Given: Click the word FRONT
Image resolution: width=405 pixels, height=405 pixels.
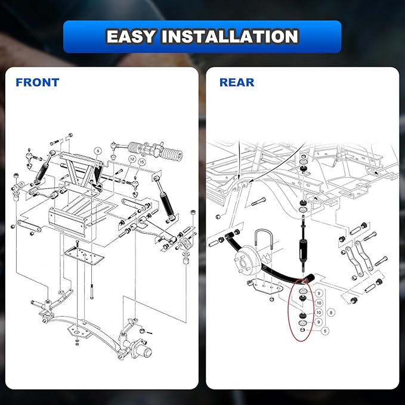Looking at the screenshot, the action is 38,82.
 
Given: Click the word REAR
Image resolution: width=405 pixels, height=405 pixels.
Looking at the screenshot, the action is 237,82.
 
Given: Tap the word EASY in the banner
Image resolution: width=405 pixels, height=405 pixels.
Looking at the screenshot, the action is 131,36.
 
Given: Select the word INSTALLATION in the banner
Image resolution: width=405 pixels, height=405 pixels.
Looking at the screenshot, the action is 230,36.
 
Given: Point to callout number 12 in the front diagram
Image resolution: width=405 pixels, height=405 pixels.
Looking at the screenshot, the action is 132,159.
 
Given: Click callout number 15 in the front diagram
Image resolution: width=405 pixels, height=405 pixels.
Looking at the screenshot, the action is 142,162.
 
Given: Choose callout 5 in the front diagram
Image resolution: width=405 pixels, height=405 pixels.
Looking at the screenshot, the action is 97,150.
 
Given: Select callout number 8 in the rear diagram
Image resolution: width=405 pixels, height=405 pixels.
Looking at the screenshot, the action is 331,313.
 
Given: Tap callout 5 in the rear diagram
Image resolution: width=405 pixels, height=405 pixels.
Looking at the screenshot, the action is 325,330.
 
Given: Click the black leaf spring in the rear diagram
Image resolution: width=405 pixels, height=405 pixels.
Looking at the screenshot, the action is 268,261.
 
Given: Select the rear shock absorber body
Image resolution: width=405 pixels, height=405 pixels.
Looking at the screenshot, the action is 303,250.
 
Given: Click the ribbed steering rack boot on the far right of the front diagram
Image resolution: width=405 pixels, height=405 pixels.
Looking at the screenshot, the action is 172,153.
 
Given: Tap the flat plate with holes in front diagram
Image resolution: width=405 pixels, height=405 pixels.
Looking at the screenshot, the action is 84,256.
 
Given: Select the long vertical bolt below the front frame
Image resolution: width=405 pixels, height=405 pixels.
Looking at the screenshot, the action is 92,291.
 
